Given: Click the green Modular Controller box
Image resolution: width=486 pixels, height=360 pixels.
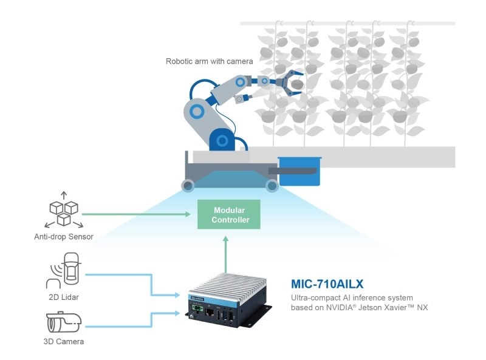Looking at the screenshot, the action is [x=229, y=214].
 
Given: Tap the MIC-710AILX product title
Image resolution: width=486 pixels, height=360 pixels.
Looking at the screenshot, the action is [x=327, y=284].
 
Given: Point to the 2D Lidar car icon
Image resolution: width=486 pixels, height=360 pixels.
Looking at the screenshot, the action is [x=64, y=270].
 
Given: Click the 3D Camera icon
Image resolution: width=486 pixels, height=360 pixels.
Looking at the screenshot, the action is [x=64, y=322].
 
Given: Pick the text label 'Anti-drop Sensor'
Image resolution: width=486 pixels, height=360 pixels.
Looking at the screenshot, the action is [x=64, y=237].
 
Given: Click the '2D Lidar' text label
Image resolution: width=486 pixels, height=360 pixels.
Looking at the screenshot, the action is [x=64, y=297].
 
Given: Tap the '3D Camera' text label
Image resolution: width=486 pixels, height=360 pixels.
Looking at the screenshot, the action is [x=64, y=341].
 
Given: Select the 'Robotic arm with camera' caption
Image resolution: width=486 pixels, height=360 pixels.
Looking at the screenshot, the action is [x=209, y=61].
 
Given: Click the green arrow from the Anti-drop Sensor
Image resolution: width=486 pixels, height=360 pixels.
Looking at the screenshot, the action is [x=136, y=214].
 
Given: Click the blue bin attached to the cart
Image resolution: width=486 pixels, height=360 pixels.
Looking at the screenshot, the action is [x=299, y=171].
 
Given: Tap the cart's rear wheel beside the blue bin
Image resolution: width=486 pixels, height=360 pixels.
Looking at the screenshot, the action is [x=272, y=186].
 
